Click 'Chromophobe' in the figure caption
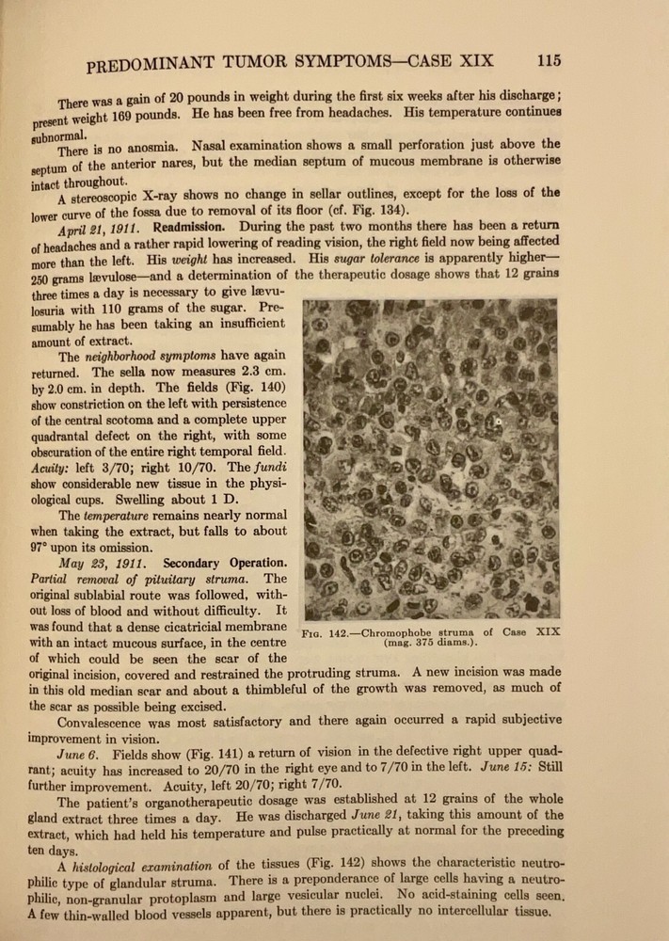point(408,631)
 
